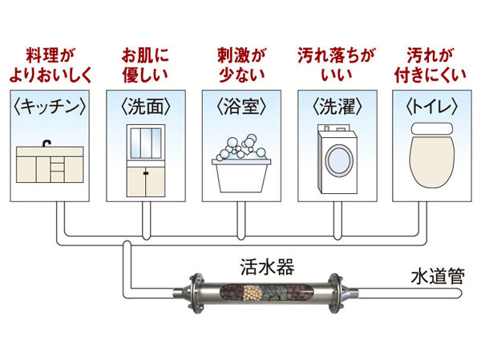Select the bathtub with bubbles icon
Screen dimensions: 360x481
[x=240, y=164]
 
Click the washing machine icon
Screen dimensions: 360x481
[x=335, y=160]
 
